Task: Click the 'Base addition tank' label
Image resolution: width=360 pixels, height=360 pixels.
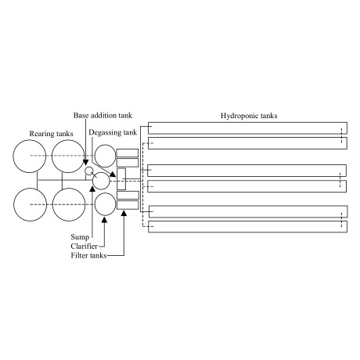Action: pos(103,115)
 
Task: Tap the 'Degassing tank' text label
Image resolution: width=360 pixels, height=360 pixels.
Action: pos(113,132)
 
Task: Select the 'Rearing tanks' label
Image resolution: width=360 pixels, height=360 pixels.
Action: pos(51,134)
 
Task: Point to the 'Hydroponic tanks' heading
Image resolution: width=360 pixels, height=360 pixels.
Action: pos(249,116)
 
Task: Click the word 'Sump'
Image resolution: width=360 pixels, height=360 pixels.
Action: pos(80,237)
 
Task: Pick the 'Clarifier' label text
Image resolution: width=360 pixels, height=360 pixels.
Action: pos(84,246)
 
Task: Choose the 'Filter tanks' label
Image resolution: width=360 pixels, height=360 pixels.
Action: pos(88,255)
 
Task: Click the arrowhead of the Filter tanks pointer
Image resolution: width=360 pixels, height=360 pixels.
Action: pos(124,213)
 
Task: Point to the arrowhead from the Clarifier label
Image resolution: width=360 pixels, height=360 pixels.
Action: pos(105,220)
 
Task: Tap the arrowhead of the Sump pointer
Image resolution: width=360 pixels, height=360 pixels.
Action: pos(92,189)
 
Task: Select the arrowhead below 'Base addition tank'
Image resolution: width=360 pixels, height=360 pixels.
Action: pos(86,162)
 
